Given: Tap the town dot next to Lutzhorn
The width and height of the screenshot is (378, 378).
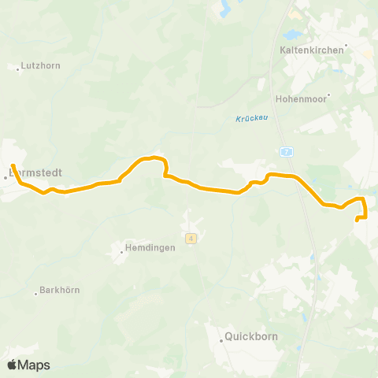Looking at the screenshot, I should click(18, 68).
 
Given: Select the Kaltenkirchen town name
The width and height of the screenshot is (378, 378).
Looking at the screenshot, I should click(312, 49).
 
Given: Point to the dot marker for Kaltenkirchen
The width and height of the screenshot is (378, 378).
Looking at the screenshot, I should click(346, 44).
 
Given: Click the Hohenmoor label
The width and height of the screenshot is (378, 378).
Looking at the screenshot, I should click(300, 100).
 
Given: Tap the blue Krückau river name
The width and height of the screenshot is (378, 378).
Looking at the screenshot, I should click(250, 119).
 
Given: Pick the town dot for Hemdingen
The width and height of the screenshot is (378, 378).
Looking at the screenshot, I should click(123, 251).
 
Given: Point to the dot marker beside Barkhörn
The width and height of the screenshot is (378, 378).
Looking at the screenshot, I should click(36, 293).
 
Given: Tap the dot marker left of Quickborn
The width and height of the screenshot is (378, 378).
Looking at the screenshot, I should click(220, 339).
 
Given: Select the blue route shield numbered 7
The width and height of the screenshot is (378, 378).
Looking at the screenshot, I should click(287, 150).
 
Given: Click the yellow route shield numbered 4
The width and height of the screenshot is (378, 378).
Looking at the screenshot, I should click(191, 238).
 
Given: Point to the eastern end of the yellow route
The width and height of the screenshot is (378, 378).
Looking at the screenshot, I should click(358, 220).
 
